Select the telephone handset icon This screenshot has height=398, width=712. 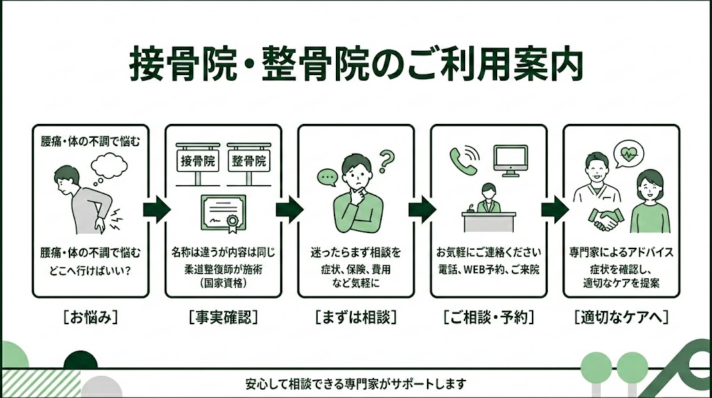tap(462, 159)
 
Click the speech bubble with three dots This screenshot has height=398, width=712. tap(326, 177)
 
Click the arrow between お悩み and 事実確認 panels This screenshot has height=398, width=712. tap(154, 209)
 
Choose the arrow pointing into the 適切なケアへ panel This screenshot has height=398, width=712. tap(553, 209)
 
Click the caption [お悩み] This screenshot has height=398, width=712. tap(90, 317)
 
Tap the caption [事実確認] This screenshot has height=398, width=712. tap(222, 317)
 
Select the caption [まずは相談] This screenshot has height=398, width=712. tap(355, 317)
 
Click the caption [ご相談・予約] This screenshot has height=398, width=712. tap(488, 317)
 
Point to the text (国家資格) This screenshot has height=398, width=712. tap(222, 283)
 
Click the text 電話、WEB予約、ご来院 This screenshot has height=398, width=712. tap(488, 269)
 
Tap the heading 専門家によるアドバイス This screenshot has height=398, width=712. tap(621, 251)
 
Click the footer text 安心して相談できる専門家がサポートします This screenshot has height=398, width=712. tap(355, 383)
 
